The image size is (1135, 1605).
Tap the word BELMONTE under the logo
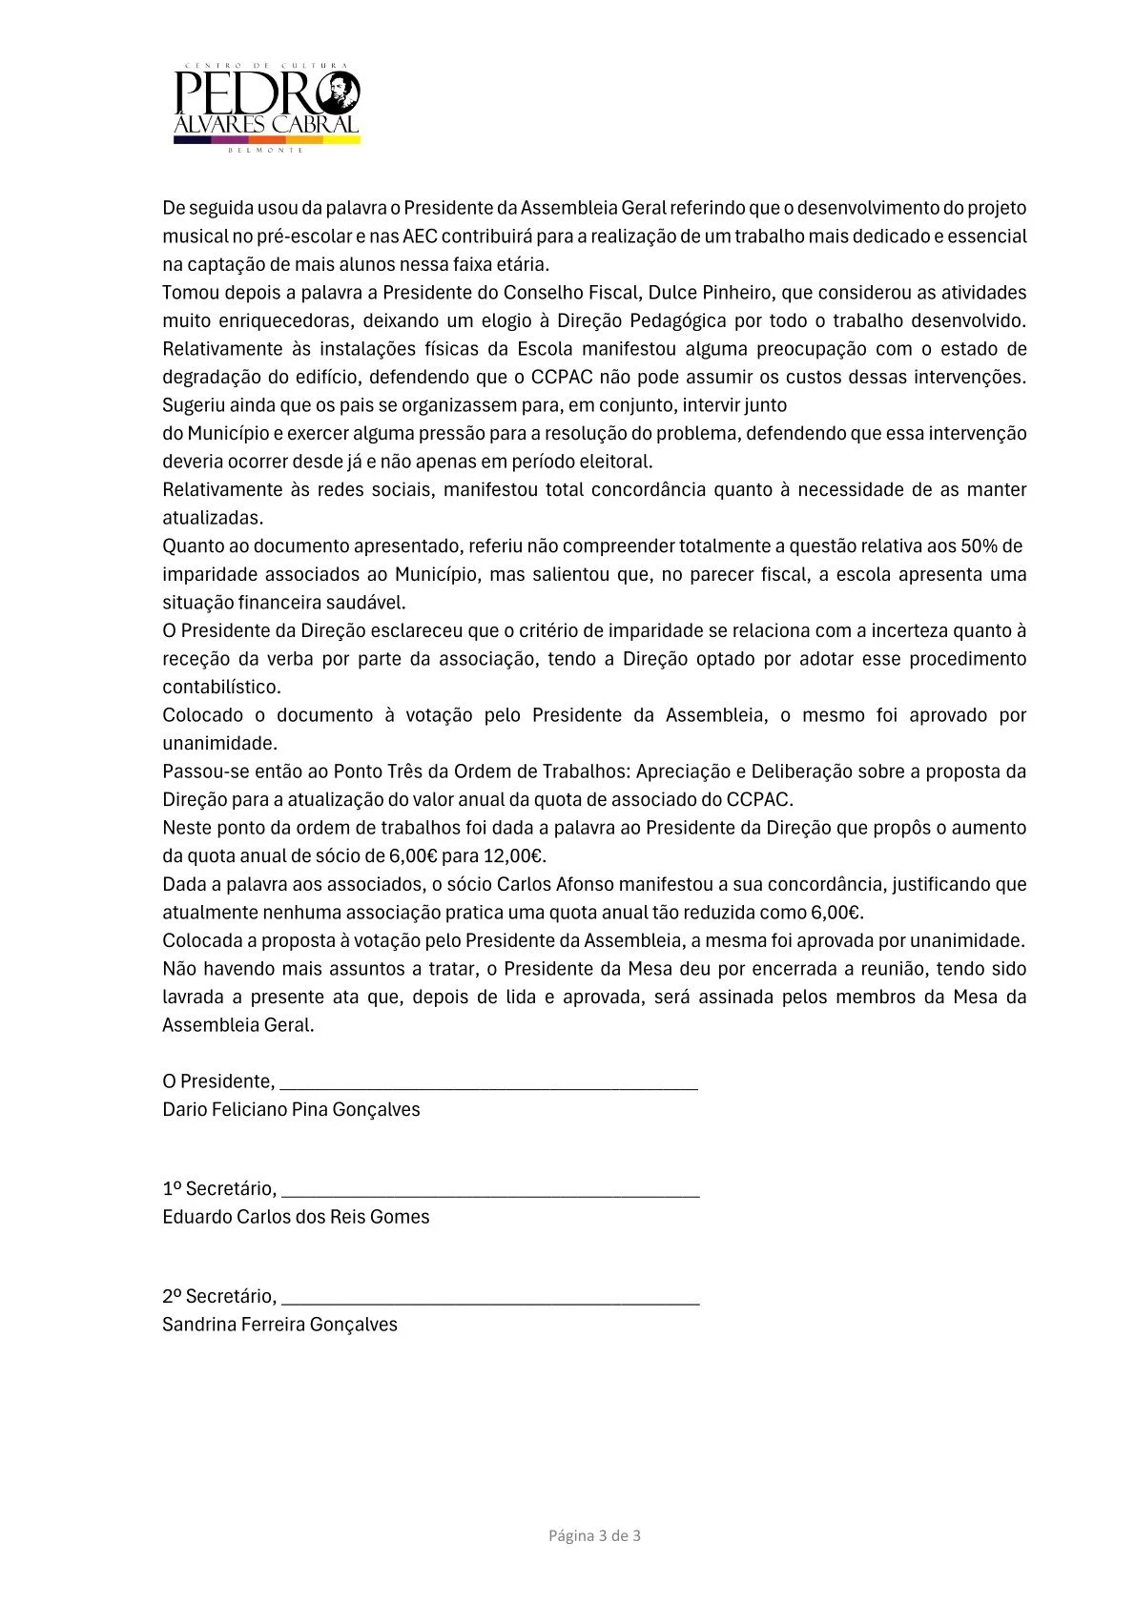(x=266, y=150)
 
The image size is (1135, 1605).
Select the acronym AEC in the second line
(x=421, y=236)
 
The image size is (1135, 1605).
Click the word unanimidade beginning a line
(x=219, y=743)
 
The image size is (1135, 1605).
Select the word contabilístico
(x=221, y=687)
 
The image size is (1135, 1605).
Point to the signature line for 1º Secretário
(x=490, y=1190)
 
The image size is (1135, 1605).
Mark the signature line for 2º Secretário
(x=490, y=1298)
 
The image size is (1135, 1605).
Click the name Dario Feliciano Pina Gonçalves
(x=291, y=1109)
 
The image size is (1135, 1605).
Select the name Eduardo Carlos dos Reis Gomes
(x=296, y=1217)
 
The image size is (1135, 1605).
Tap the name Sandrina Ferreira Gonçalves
(x=279, y=1325)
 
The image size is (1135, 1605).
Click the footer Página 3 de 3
(x=594, y=1535)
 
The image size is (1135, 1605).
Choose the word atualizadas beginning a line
(x=212, y=518)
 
